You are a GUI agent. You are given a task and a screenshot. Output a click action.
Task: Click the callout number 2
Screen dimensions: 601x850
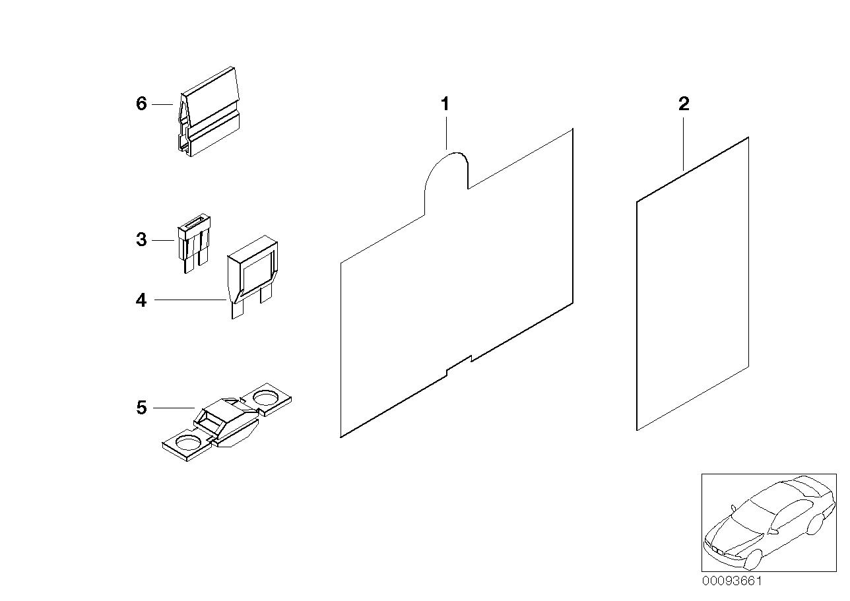tap(684, 104)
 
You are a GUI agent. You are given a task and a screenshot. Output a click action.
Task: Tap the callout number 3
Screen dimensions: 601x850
tap(141, 239)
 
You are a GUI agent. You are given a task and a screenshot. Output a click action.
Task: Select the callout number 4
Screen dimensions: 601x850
tap(141, 300)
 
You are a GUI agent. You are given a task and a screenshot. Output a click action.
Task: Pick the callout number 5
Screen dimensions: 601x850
tap(141, 408)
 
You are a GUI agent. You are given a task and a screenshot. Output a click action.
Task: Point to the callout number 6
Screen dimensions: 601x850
tap(141, 104)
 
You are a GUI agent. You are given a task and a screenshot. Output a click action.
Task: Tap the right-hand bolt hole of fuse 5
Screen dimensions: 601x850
tap(265, 398)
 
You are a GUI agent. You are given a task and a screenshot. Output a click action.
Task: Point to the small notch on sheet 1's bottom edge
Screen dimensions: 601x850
tap(459, 365)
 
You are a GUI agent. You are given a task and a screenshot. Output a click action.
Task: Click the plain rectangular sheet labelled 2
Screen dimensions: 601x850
tap(693, 284)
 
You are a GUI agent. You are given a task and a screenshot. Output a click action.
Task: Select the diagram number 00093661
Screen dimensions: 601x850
tap(731, 581)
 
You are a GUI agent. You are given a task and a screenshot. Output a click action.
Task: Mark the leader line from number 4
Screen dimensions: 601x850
tap(191, 300)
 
